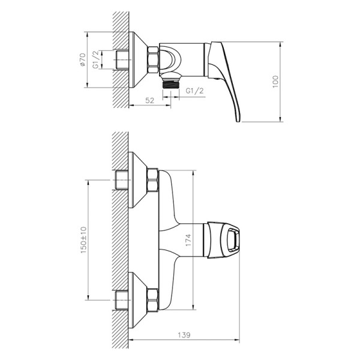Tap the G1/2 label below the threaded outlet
pos(193,91)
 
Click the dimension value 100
pos(275,82)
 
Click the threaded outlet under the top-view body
pos(172,83)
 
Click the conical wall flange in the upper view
pos(139,60)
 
